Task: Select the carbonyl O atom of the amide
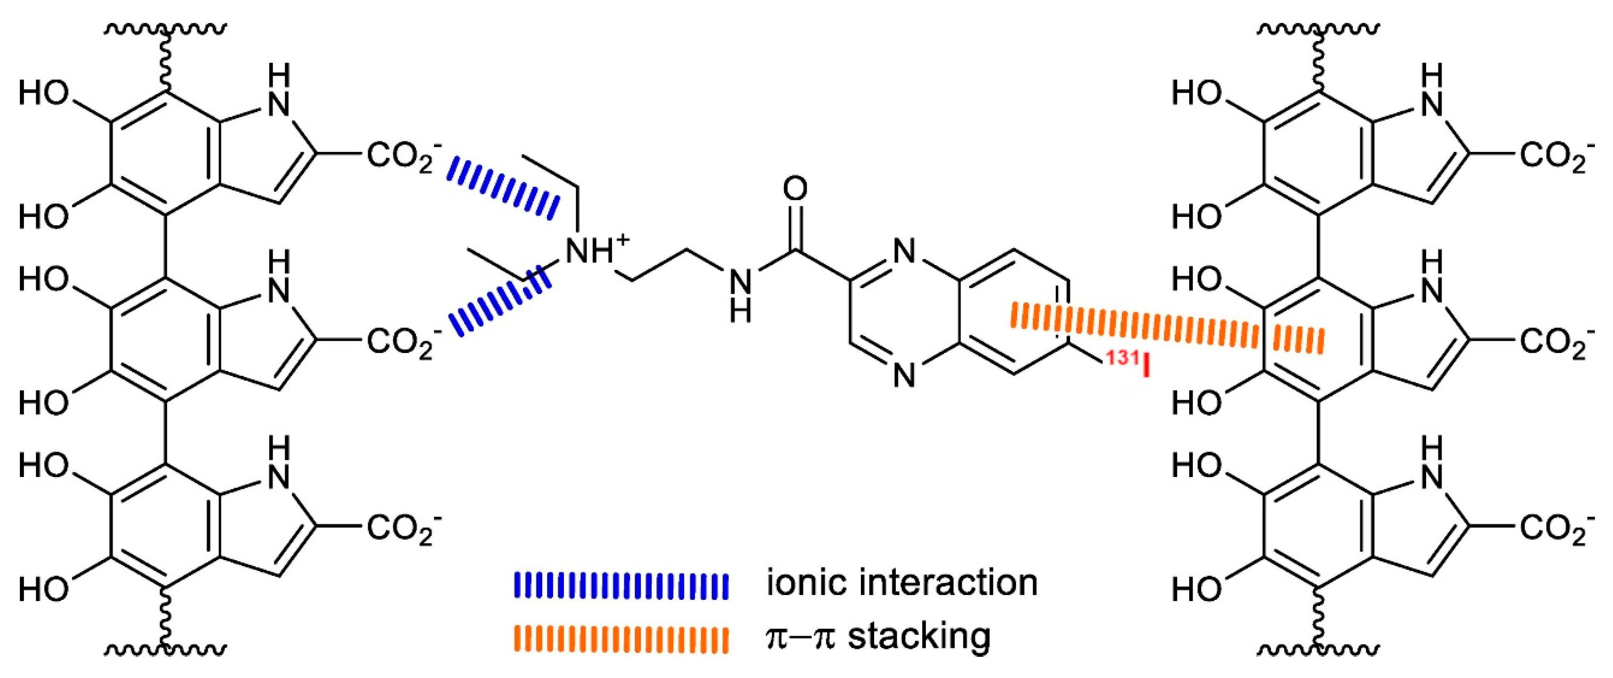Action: pos(795,189)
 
